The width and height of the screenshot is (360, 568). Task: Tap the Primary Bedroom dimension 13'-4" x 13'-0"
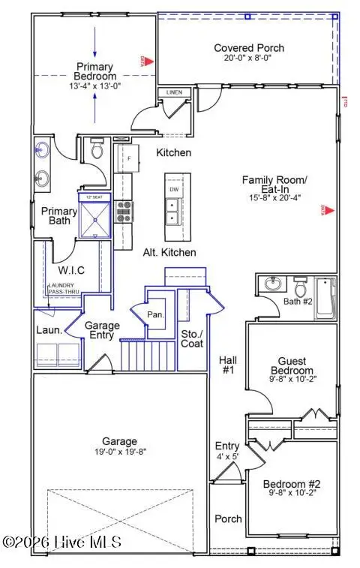[94, 86]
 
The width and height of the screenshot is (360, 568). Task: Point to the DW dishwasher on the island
[173, 190]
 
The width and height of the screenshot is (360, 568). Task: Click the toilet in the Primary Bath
[96, 149]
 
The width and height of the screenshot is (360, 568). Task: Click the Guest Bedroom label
[292, 365]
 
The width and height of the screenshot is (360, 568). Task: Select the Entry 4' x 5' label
[227, 451]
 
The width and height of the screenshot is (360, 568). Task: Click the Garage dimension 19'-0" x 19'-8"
[120, 453]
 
